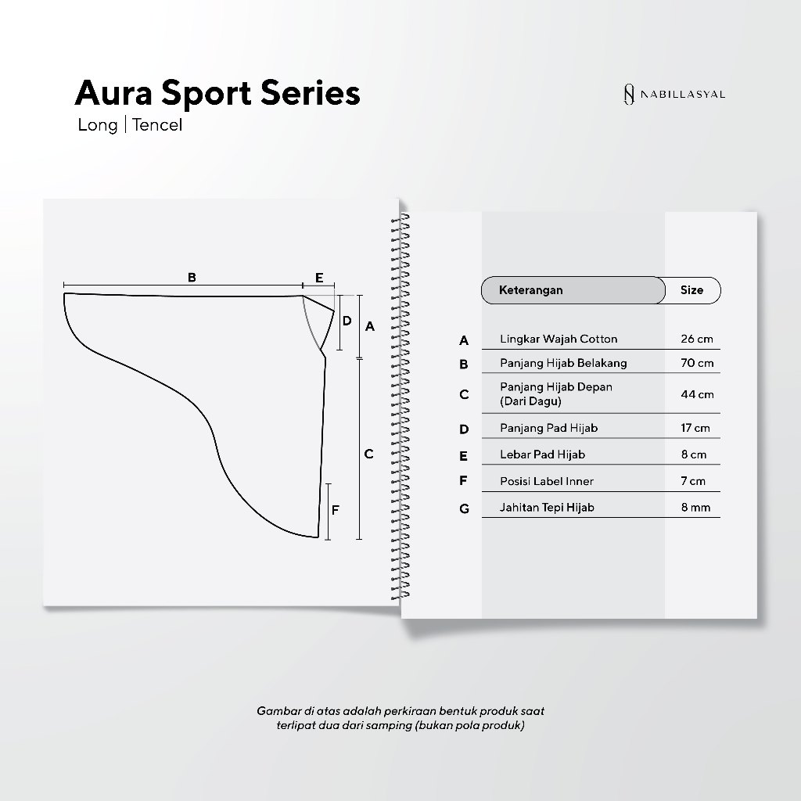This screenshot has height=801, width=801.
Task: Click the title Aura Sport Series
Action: pos(217,93)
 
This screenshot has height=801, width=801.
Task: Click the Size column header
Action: pos(691,290)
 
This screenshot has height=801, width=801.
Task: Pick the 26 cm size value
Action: pos(696,339)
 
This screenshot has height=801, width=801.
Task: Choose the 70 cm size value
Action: pos(696,363)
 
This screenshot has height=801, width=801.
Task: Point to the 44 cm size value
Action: pos(696,394)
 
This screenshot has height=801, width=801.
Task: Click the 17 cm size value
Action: pos(695,429)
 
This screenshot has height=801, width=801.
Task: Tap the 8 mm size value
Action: pos(695,508)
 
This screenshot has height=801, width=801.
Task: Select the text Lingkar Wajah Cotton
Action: pos(559,339)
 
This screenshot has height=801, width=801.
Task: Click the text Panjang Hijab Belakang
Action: pos(563,363)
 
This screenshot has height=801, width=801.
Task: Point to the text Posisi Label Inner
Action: pos(547,482)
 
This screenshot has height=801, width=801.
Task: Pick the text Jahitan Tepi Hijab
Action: pos(547,508)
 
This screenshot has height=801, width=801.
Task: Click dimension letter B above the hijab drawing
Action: pos(192,277)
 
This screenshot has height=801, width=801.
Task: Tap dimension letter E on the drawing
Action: pos(318,277)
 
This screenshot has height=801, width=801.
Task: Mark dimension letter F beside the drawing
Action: pos(336,511)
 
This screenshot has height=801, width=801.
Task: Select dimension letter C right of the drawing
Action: pos(369,454)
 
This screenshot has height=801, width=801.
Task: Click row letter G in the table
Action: pos(464,508)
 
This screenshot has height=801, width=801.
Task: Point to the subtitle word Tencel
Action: pos(157,125)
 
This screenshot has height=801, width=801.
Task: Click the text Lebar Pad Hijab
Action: pos(542,454)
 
